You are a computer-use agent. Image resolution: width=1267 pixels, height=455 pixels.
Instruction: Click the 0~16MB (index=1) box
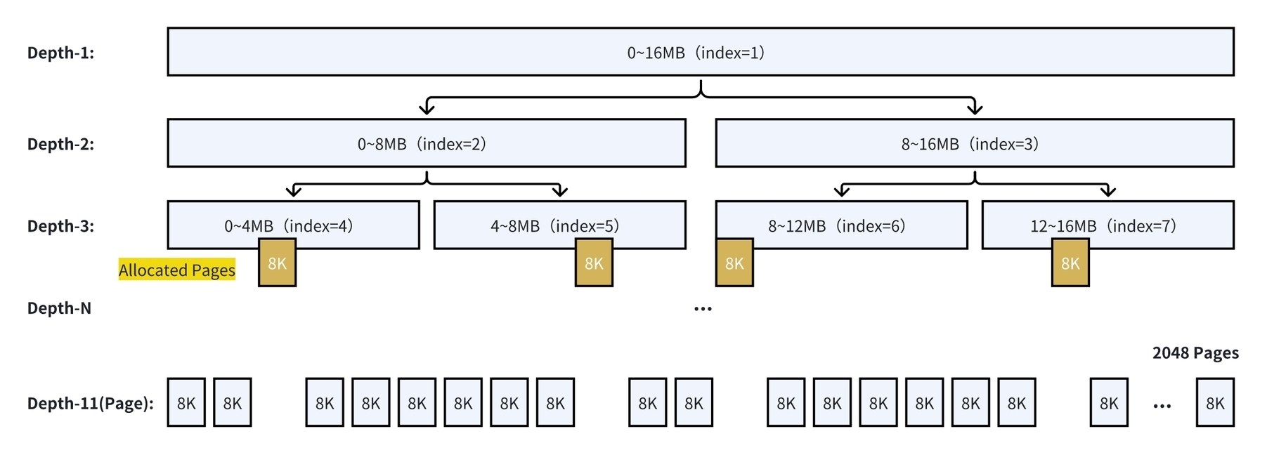pos(701,52)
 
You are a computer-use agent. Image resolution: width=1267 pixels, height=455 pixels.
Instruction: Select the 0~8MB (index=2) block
pos(427,143)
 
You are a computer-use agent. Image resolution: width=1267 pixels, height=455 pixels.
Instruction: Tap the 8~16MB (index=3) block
pos(975,143)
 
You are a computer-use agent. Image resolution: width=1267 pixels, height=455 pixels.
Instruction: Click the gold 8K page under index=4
pos(278,263)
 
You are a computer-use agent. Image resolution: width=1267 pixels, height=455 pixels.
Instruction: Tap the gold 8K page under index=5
pos(594,263)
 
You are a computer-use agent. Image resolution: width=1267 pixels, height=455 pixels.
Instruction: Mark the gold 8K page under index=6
pos(734,263)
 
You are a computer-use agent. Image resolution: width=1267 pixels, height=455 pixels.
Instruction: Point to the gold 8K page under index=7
pos(1070,263)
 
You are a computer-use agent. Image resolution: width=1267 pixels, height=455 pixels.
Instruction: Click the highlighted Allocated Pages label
pos(177,270)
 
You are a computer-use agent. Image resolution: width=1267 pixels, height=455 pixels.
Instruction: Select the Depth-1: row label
pos(60,53)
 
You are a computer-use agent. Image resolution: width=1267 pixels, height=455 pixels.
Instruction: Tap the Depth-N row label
pos(59,308)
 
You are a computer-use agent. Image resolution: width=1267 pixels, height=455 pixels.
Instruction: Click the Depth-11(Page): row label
pos(90,404)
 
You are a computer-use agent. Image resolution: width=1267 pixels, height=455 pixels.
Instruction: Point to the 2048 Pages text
pos(1195,352)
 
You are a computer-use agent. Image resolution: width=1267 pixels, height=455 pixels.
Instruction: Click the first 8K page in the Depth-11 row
pos(186,402)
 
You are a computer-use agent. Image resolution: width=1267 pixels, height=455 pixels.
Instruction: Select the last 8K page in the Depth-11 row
pos(1215,402)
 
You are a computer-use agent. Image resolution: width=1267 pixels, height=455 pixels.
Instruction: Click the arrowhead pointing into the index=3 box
pos(975,109)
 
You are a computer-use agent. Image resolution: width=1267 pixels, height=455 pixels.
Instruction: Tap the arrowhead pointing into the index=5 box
pos(560,191)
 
